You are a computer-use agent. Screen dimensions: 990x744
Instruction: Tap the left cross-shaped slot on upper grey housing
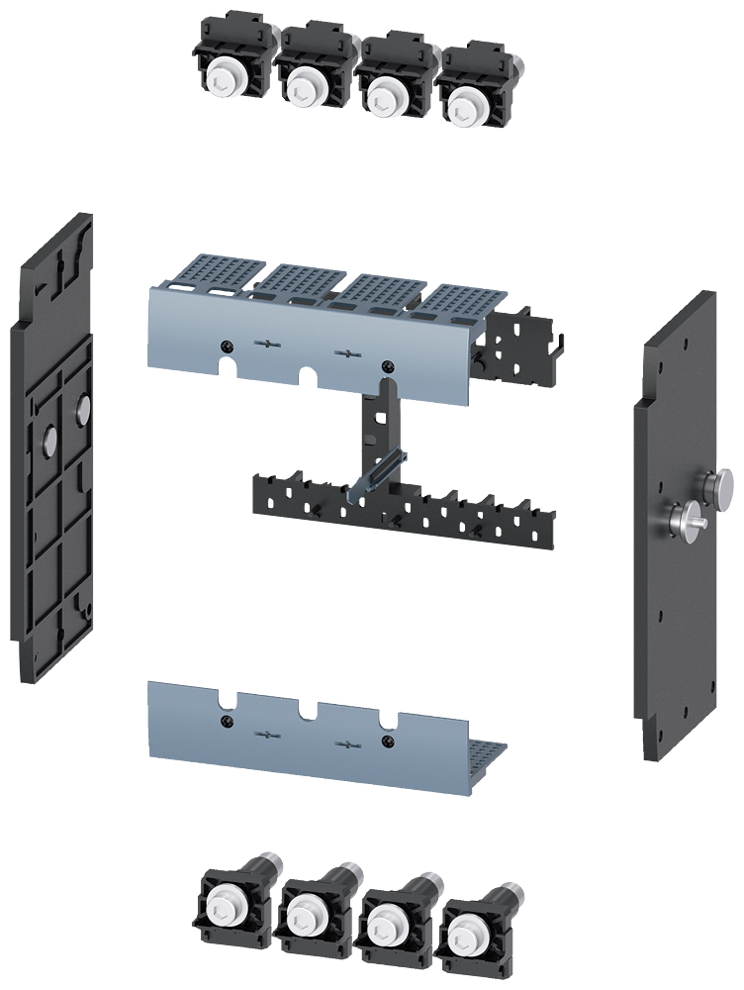click(x=266, y=344)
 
